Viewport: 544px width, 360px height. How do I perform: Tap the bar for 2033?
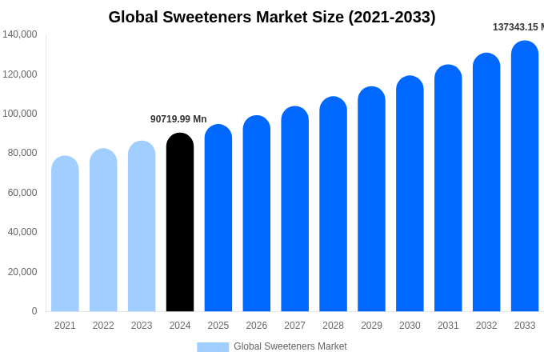pyautogui.click(x=525, y=176)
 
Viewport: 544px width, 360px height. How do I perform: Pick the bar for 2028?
pyautogui.click(x=333, y=204)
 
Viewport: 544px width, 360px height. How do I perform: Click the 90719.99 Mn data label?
pyautogui.click(x=178, y=119)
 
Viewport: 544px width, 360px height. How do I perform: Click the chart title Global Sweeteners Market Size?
pyautogui.click(x=272, y=17)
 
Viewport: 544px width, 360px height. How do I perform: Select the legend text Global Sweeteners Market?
pyautogui.click(x=290, y=346)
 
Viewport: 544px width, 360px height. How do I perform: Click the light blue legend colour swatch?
pyautogui.click(x=213, y=347)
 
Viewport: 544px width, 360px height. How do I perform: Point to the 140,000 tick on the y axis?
pyautogui.click(x=19, y=34)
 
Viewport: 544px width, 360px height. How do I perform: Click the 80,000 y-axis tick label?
pyautogui.click(x=22, y=153)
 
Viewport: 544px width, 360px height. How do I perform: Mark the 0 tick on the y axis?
pyautogui.click(x=34, y=311)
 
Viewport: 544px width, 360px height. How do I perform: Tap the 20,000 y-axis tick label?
pyautogui.click(x=22, y=272)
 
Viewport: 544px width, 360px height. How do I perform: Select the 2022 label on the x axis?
pyautogui.click(x=103, y=326)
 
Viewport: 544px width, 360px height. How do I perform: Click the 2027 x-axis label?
pyautogui.click(x=294, y=326)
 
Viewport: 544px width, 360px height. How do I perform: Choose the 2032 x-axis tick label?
pyautogui.click(x=486, y=326)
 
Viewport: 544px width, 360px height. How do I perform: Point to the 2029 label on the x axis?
pyautogui.click(x=371, y=326)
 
